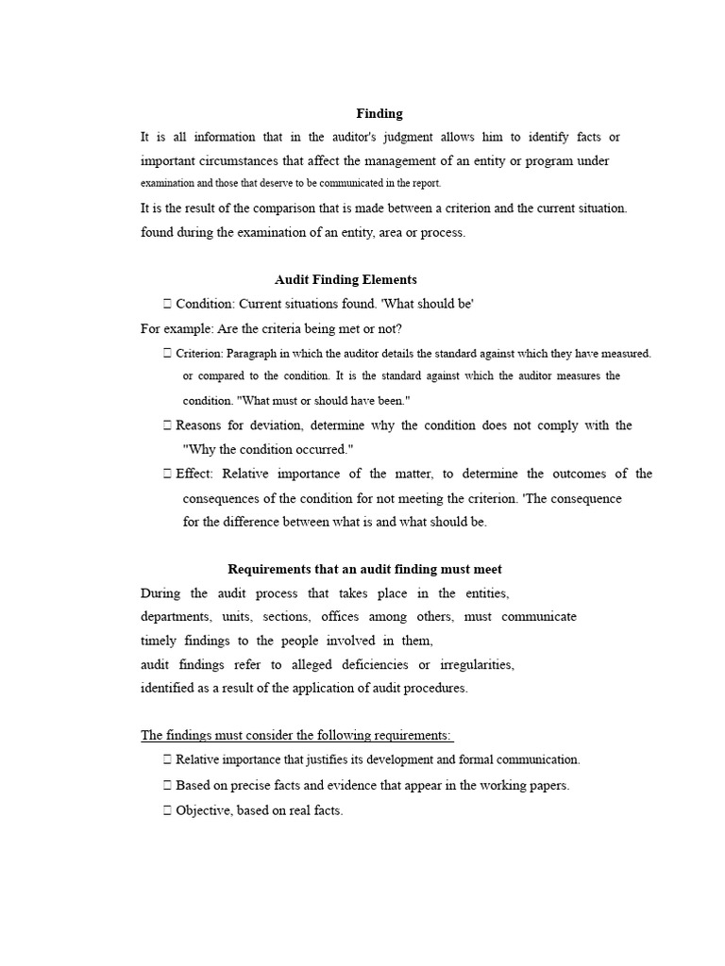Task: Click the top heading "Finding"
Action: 379,113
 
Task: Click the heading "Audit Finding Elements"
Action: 346,280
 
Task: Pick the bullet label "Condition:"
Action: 205,304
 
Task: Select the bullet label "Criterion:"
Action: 199,354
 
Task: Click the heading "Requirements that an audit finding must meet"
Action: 365,569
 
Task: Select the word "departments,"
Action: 177,617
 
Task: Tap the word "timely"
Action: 160,641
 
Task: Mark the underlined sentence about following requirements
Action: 296,736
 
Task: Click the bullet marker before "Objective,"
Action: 167,809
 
